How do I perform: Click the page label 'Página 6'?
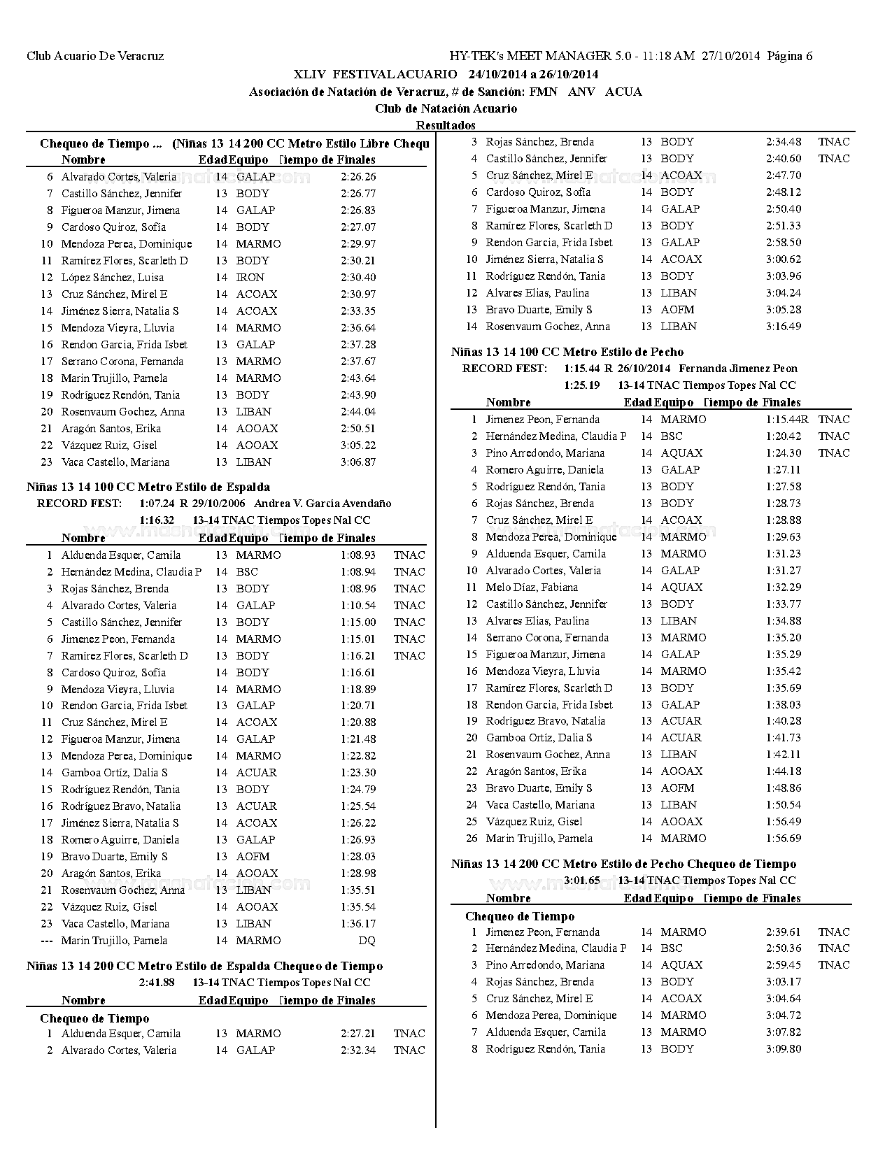(790, 56)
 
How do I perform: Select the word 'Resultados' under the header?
(446, 125)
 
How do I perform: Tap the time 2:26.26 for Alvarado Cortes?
(358, 177)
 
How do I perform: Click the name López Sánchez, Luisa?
(113, 278)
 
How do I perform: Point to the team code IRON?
(250, 278)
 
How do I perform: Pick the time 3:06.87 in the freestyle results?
(358, 462)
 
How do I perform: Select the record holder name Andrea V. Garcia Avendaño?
(323, 504)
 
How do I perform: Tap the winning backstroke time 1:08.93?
(358, 555)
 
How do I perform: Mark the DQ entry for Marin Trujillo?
(367, 941)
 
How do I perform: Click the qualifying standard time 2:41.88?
(157, 983)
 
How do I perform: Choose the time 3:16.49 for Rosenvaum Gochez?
(784, 327)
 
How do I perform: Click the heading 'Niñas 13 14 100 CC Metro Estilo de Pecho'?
(567, 352)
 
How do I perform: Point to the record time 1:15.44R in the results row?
(787, 420)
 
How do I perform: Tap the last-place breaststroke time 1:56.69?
(784, 839)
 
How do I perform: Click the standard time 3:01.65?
(582, 881)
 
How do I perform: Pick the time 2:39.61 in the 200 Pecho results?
(784, 932)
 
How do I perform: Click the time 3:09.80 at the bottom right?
(784, 1049)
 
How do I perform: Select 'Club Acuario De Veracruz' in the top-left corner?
(95, 56)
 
